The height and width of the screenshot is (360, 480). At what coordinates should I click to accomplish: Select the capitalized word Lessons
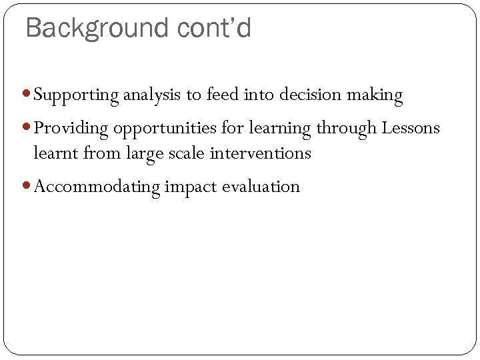[411, 127]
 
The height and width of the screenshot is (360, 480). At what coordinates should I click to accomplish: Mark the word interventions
[260, 153]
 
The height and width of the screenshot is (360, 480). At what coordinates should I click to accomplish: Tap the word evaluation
[261, 187]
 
